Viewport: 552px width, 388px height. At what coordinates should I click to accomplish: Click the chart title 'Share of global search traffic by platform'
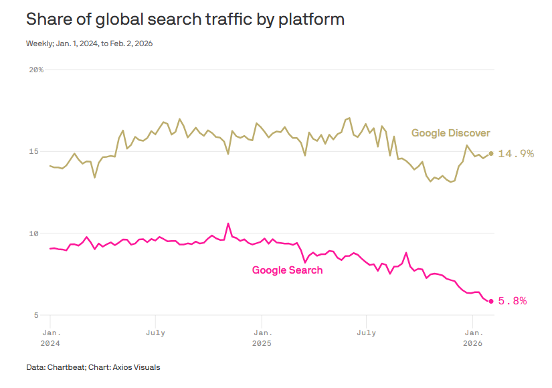pos(185,19)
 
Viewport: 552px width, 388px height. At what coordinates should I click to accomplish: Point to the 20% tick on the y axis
pos(36,70)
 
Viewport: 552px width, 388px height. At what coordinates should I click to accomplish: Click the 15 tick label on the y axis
pos(39,151)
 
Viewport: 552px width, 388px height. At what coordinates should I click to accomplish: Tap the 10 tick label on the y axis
pos(39,233)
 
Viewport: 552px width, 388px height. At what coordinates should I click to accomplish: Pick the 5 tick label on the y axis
pos(41,315)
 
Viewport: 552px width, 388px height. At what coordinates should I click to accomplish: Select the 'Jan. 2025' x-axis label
pos(262,337)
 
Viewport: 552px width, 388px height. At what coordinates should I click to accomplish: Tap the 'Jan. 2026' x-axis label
pos(473,337)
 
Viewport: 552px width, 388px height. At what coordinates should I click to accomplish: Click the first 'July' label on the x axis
pos(155,332)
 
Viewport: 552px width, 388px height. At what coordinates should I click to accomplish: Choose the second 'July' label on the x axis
pos(366,332)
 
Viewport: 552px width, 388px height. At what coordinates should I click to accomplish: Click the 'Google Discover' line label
pos(450,133)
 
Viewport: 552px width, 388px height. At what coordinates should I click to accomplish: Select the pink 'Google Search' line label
pos(287,270)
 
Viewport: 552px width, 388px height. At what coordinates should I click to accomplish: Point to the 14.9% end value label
pos(516,154)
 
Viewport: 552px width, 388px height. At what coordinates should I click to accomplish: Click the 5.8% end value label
pos(513,301)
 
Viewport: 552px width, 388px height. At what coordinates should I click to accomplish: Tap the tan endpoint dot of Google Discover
pos(491,153)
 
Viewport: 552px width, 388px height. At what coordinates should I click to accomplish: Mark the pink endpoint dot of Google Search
pos(491,301)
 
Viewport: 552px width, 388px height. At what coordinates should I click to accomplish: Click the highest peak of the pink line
pos(228,223)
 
